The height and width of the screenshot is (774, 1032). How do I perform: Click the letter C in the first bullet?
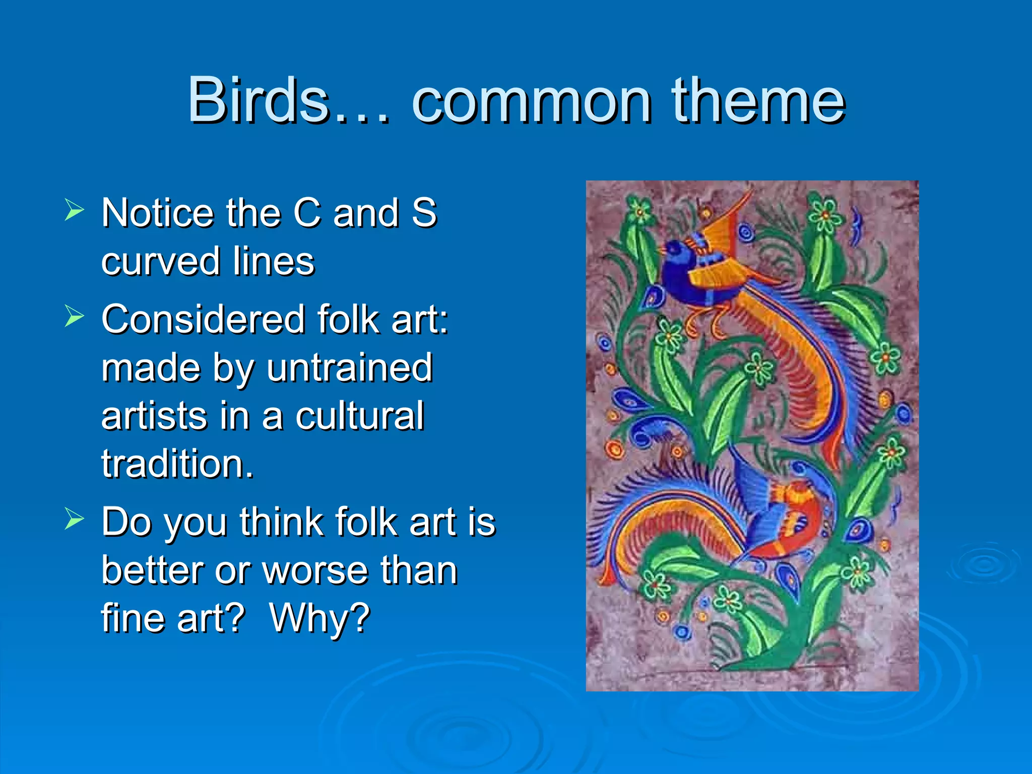(x=307, y=213)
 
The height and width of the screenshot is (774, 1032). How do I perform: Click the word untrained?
(x=349, y=368)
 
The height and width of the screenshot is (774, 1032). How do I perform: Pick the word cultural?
(x=359, y=416)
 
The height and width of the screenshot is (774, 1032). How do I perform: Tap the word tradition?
(x=177, y=464)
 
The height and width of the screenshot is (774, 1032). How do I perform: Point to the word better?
(x=152, y=571)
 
